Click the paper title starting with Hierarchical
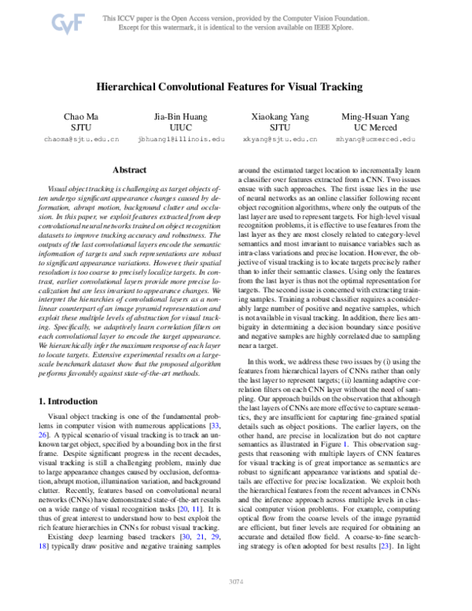coord(235,87)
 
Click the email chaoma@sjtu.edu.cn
coord(82,139)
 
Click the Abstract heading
coord(129,169)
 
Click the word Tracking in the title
coord(344,87)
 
